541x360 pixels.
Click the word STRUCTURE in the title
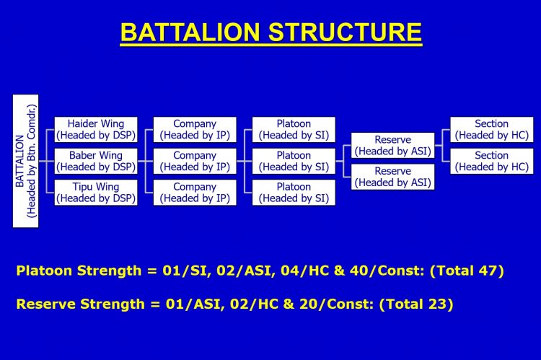click(345, 32)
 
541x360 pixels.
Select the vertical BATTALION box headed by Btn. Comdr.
click(25, 161)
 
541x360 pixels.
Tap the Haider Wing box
click(96, 129)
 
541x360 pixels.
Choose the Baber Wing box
click(96, 161)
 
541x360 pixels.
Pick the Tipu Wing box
click(96, 193)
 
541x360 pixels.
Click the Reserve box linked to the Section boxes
click(392, 145)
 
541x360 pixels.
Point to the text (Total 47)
click(467, 271)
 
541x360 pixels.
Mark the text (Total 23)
click(416, 304)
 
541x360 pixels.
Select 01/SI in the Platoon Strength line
click(187, 271)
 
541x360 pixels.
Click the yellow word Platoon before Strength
click(44, 271)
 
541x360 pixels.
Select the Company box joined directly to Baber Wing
click(195, 161)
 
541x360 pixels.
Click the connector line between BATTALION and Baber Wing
click(47, 161)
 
